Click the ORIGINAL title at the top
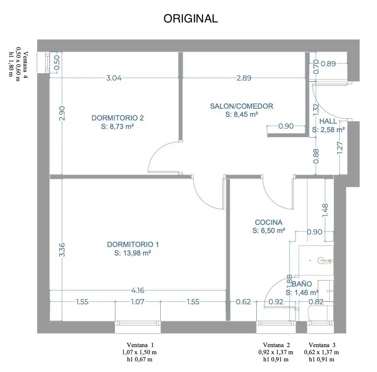[191, 19]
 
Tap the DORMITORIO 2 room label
[117, 118]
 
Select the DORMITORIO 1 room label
[133, 244]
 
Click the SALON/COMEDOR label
[242, 106]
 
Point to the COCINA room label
[268, 222]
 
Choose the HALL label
[328, 121]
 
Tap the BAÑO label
[302, 284]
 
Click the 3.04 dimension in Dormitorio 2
[114, 78]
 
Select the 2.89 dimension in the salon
[244, 78]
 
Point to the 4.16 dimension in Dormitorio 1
[138, 290]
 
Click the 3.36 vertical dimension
[62, 250]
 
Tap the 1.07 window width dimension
[138, 302]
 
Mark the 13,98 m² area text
[132, 253]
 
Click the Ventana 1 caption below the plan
[140, 345]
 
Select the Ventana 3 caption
[322, 345]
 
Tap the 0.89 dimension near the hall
[328, 63]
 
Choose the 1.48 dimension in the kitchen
[325, 211]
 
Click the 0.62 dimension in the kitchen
[243, 302]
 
